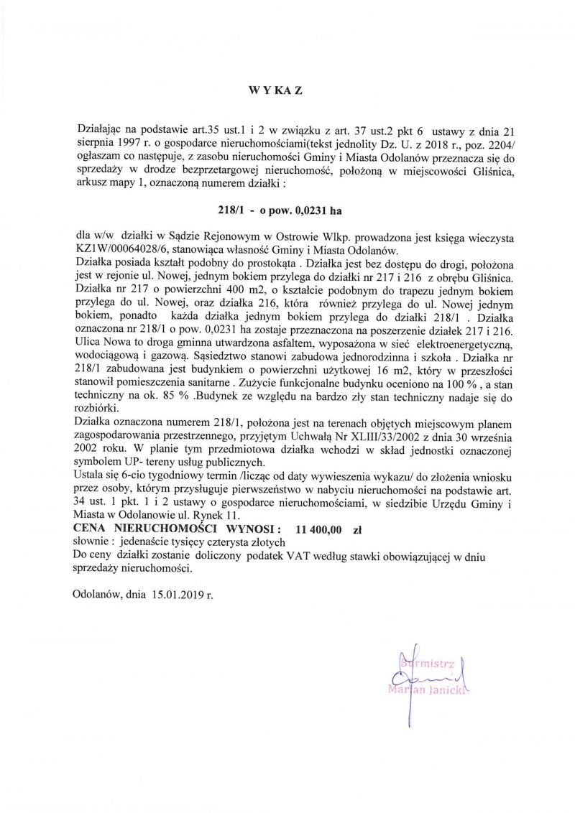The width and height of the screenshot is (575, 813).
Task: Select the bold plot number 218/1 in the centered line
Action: [228, 210]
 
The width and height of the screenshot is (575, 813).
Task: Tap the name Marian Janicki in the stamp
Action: [426, 691]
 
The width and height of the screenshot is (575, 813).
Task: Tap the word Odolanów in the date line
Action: [101, 595]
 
